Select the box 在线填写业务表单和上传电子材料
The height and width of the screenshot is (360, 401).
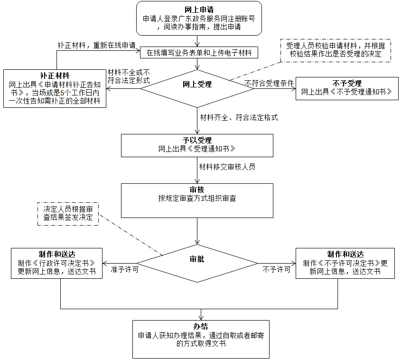tap(198, 52)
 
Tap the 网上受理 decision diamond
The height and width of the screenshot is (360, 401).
tap(197, 85)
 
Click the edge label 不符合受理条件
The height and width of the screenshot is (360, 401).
tap(269, 84)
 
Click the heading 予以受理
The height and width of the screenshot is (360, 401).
tap(197, 141)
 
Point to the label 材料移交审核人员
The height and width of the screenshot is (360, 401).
tap(227, 167)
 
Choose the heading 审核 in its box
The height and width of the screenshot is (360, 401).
tap(197, 189)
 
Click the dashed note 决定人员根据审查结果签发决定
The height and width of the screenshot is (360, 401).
tap(68, 213)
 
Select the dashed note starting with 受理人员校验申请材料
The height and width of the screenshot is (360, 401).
tap(336, 50)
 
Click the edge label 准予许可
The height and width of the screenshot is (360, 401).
tap(124, 269)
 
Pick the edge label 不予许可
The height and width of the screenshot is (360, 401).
tap(277, 269)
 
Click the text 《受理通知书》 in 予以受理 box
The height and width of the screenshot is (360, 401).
tap(209, 149)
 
